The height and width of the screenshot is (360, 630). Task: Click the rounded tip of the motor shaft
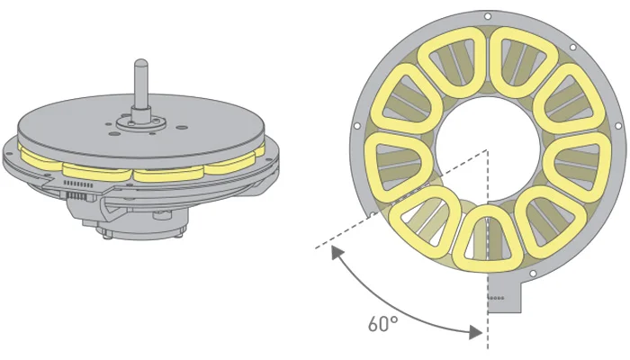point(141,63)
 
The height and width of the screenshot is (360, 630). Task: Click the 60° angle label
point(382,324)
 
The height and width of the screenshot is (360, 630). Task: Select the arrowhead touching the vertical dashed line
point(476,332)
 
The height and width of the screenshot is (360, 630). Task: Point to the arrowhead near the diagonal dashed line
point(337,253)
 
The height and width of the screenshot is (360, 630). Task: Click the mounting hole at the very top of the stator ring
point(488,16)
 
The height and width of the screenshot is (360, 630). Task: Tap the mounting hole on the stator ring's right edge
point(618,126)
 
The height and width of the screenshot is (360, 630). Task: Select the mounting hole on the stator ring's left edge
point(356,126)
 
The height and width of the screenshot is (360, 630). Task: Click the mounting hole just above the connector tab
point(533,274)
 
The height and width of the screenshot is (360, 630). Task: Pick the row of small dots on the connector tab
point(496,298)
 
